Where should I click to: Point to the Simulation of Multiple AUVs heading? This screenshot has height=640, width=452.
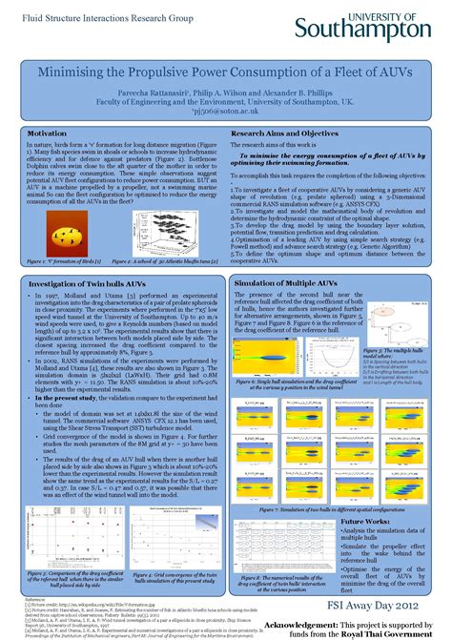coord(285,283)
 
